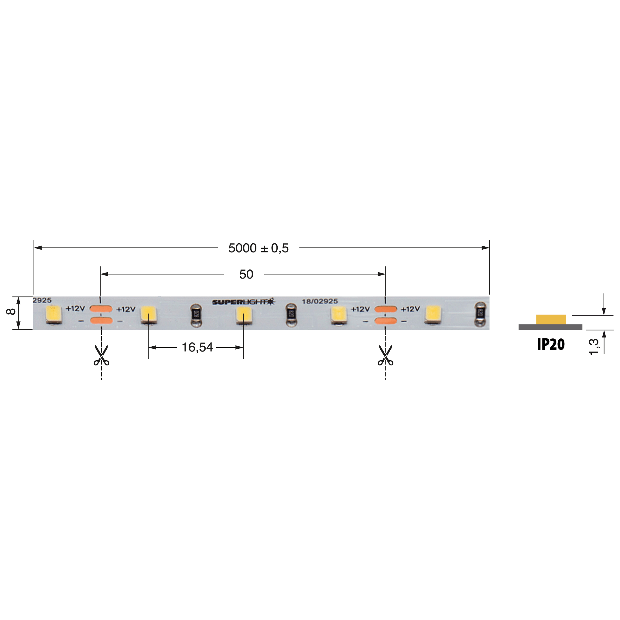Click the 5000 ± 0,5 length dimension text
[x=258, y=248]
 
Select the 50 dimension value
[x=246, y=274]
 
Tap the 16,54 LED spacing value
[x=197, y=347]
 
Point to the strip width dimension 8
[x=11, y=311]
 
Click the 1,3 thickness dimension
[x=594, y=347]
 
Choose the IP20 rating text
[x=551, y=344]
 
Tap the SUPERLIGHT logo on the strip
[x=243, y=302]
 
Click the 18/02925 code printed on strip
[x=320, y=301]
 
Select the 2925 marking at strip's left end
[x=42, y=300]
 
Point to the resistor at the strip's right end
[x=480, y=314]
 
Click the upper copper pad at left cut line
[x=101, y=309]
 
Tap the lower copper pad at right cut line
[x=385, y=320]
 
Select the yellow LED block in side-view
[x=551, y=320]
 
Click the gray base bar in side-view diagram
[x=550, y=327]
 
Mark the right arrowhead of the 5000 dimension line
[x=485, y=248]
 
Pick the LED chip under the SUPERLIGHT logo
[x=244, y=315]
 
